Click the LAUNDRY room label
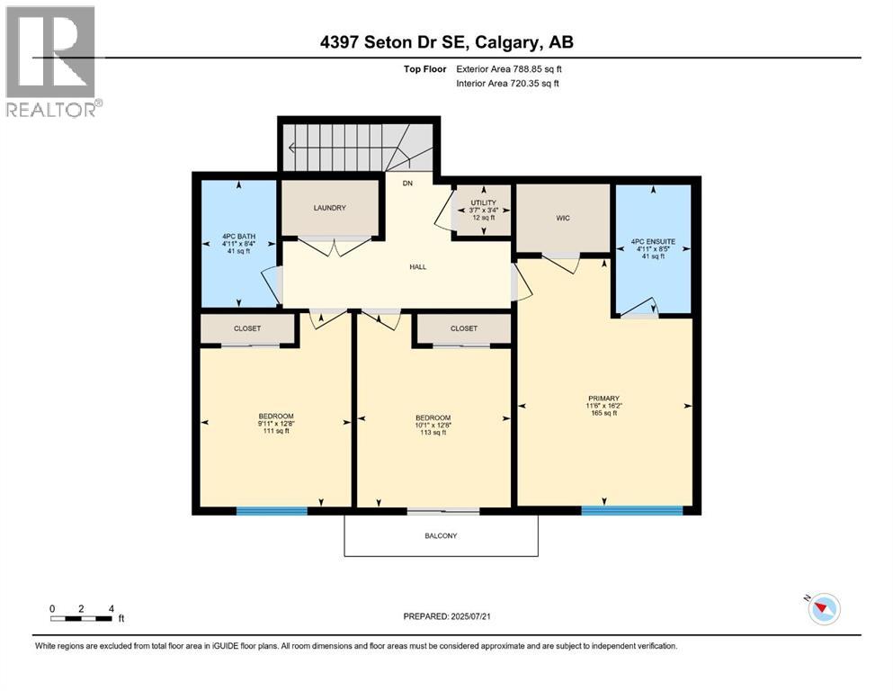tap(329, 208)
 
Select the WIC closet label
tap(563, 218)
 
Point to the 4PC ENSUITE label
tap(654, 241)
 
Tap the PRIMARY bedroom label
tap(604, 398)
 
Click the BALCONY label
tap(441, 536)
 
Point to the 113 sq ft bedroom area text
tap(433, 433)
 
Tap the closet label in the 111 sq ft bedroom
tap(246, 328)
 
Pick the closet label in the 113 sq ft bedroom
tap(464, 328)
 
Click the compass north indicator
tap(822, 609)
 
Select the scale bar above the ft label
tap(81, 618)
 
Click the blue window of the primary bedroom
tap(630, 511)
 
